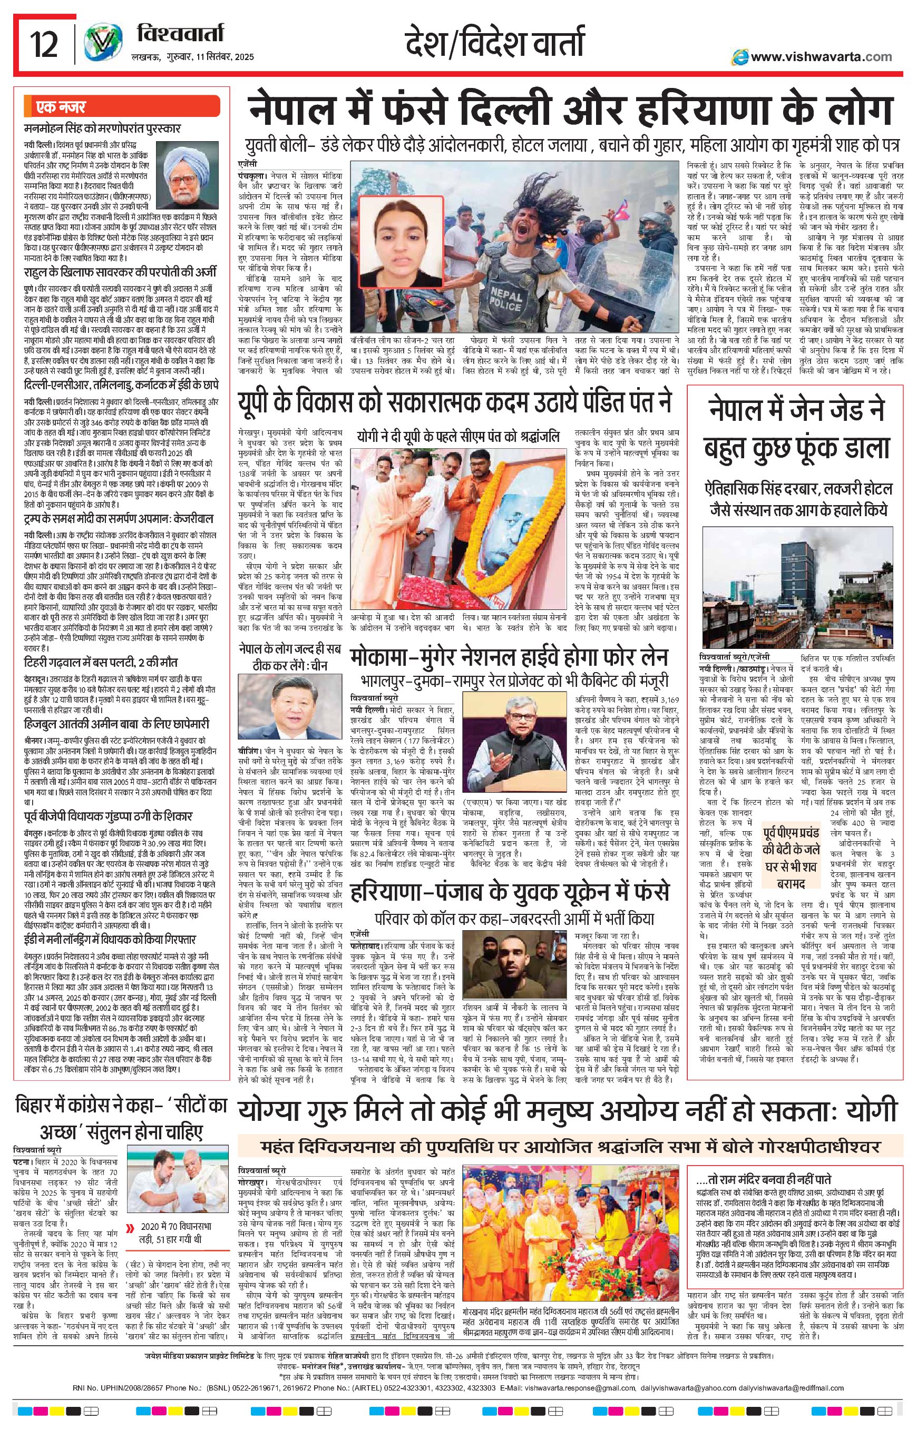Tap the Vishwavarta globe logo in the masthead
pyautogui.click(x=99, y=45)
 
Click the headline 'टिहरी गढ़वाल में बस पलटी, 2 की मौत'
pyautogui.click(x=101, y=663)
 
